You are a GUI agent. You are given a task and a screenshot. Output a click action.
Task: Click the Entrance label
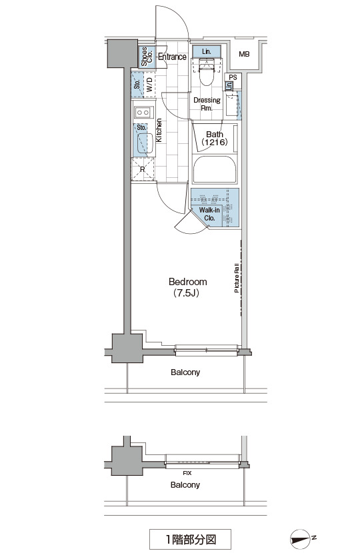point(172,57)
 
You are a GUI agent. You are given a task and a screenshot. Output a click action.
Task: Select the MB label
point(244,54)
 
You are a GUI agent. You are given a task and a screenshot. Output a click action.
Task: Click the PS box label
point(233,77)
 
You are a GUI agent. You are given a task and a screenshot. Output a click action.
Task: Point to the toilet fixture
point(207,72)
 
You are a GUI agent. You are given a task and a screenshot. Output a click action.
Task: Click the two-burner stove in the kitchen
point(143,113)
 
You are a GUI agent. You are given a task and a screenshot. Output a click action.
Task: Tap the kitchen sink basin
point(145,143)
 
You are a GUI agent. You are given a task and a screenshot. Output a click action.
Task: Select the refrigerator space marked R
point(143,169)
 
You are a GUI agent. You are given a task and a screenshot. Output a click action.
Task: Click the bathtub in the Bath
point(215,169)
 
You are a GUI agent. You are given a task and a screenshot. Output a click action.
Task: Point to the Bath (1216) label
point(215,139)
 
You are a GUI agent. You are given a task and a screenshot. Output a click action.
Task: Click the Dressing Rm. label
point(207,104)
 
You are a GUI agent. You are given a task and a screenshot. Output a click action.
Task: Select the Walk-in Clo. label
point(209,214)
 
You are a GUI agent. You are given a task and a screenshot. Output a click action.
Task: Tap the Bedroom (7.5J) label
point(187,287)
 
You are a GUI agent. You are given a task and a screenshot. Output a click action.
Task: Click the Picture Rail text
point(237,278)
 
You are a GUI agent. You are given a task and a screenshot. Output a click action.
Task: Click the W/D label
point(149,85)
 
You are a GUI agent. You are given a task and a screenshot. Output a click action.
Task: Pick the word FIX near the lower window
point(187,473)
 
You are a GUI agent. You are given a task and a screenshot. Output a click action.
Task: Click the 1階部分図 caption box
point(190,539)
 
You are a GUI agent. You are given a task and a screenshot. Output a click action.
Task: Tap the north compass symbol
point(301,539)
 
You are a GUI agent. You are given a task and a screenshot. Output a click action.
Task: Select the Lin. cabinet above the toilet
point(207,51)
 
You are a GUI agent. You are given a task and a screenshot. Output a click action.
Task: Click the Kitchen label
point(159,130)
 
